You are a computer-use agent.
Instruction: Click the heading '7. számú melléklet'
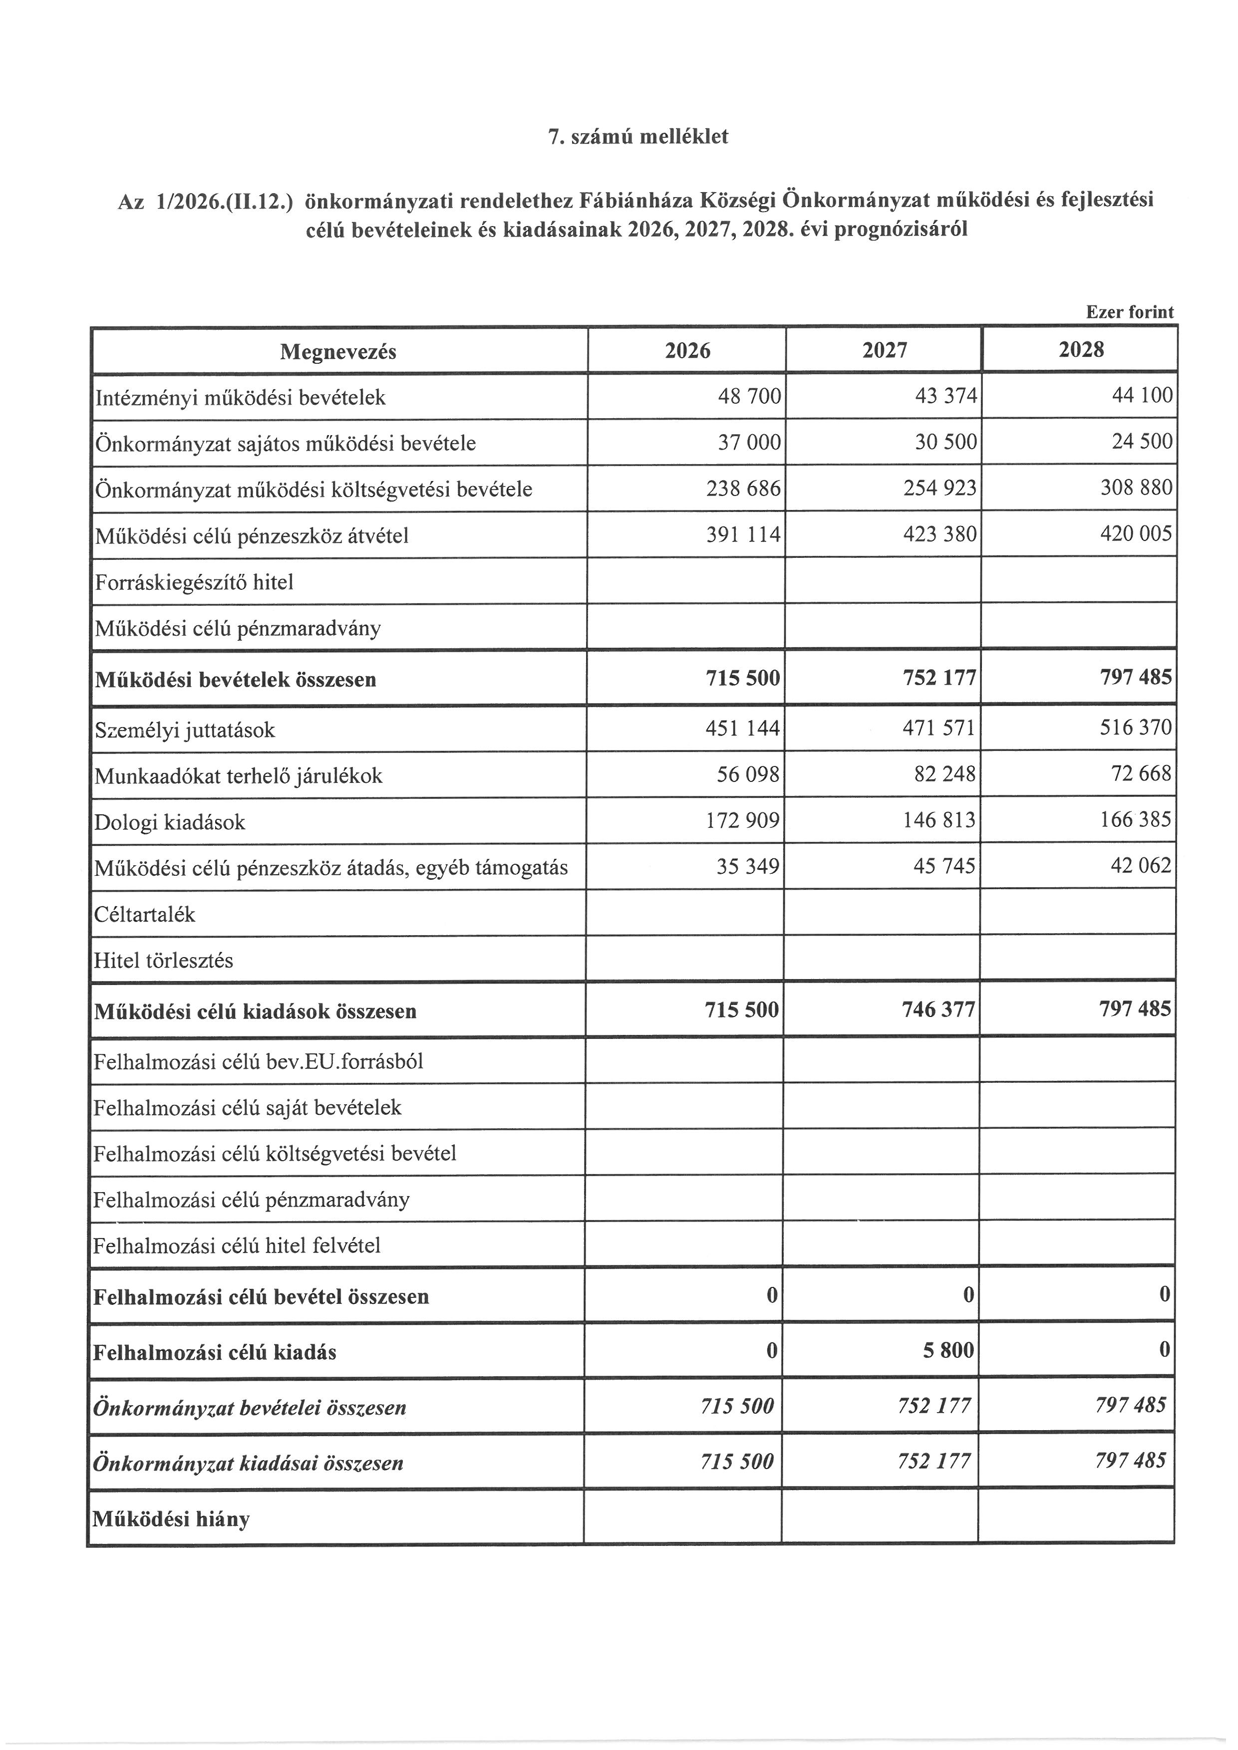pyautogui.click(x=638, y=137)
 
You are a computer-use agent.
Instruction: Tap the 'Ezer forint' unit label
pyautogui.click(x=1130, y=312)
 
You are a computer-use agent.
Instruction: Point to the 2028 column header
pyautogui.click(x=1081, y=350)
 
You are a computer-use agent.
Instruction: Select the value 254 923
pyautogui.click(x=940, y=488)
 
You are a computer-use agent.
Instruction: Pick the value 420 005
pyautogui.click(x=1136, y=533)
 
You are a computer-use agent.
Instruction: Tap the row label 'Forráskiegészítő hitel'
pyautogui.click(x=194, y=582)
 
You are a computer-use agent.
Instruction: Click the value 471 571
pyautogui.click(x=939, y=729)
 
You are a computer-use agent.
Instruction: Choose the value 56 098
pyautogui.click(x=749, y=775)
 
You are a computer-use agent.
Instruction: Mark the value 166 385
pyautogui.click(x=1135, y=820)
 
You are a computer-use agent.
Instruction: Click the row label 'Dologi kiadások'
pyautogui.click(x=169, y=822)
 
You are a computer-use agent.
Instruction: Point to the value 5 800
pyautogui.click(x=948, y=1350)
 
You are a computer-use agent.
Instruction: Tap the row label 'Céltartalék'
pyautogui.click(x=145, y=914)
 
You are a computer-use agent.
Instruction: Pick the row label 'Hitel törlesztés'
pyautogui.click(x=163, y=961)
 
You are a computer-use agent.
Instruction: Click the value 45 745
pyautogui.click(x=944, y=866)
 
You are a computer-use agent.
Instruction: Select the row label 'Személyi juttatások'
pyautogui.click(x=185, y=730)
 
